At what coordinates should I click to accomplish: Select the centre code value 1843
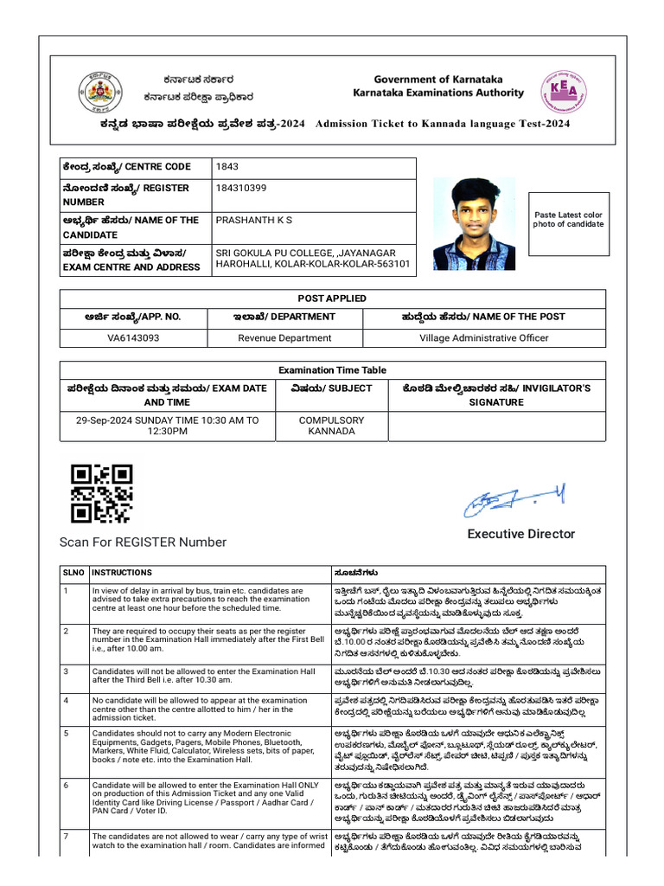click(x=228, y=166)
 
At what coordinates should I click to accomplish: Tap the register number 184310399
click(x=241, y=188)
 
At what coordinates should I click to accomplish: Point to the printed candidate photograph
click(x=473, y=224)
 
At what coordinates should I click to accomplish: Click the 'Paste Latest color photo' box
click(x=568, y=220)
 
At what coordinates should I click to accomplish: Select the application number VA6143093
click(x=133, y=338)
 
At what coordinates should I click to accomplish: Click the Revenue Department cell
click(x=284, y=338)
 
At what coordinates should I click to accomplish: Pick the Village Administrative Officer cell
click(x=484, y=338)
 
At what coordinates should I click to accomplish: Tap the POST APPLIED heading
click(x=332, y=299)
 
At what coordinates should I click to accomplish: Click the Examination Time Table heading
click(x=332, y=370)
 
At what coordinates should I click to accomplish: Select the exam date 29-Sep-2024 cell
click(x=167, y=426)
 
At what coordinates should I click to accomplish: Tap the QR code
click(x=101, y=494)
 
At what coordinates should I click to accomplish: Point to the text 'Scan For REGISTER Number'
click(x=143, y=543)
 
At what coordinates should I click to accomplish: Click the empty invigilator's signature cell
click(x=496, y=426)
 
